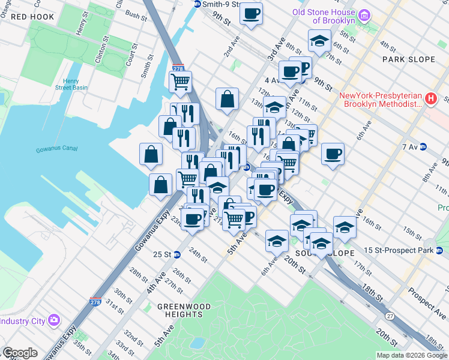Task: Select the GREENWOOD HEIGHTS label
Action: tap(184, 310)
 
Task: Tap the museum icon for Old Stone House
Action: tap(363, 14)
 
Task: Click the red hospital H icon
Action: tap(430, 99)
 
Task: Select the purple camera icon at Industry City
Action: tap(55, 320)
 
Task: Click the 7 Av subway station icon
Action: tap(423, 146)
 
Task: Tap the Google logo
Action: tap(20, 353)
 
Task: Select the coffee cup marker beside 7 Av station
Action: tap(333, 153)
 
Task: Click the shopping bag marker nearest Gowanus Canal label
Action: tap(151, 153)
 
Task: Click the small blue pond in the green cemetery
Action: tap(196, 343)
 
